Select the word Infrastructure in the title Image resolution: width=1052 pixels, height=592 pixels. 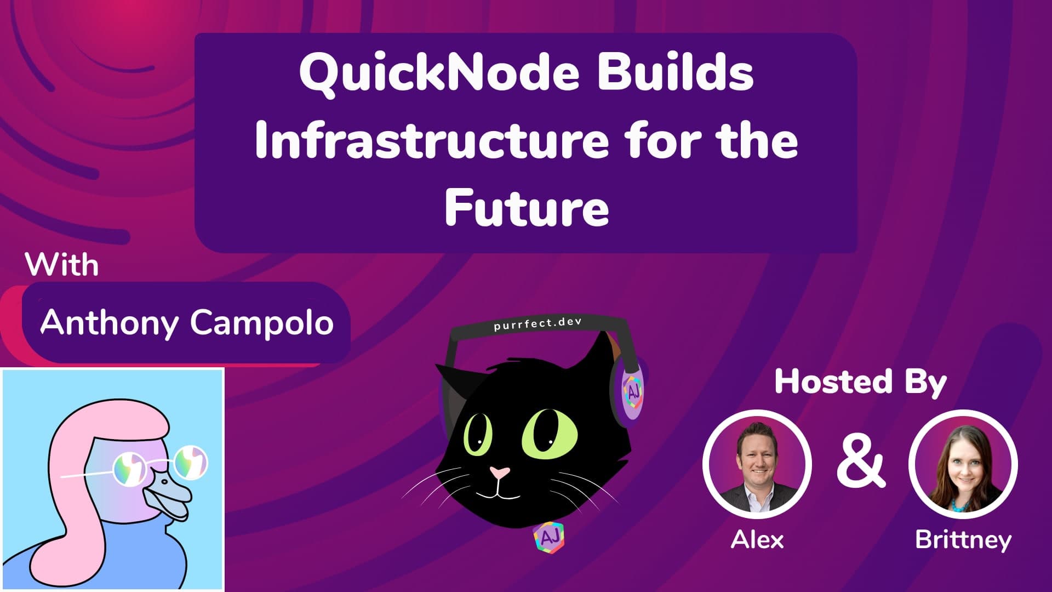(x=431, y=141)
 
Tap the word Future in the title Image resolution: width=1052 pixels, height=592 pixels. (x=527, y=208)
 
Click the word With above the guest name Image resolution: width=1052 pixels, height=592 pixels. (x=62, y=266)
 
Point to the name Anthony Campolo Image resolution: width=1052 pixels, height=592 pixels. (x=187, y=322)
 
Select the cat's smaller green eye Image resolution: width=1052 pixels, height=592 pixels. (x=478, y=433)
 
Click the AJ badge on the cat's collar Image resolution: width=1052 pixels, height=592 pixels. (x=549, y=537)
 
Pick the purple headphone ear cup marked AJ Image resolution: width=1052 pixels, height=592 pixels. (x=631, y=390)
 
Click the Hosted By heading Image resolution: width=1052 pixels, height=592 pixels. (x=860, y=382)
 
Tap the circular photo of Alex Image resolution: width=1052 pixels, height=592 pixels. (x=757, y=464)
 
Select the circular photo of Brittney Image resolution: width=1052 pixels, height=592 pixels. (x=963, y=464)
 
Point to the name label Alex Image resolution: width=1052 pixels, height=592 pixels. (x=757, y=540)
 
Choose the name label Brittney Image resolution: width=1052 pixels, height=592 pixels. (x=963, y=540)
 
